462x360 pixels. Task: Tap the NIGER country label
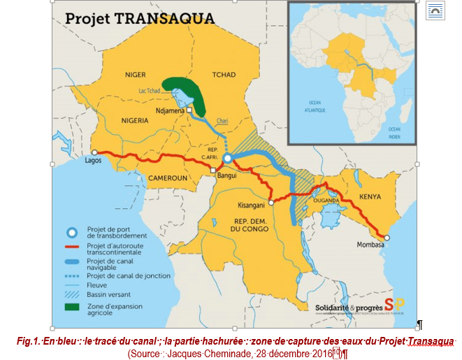point(135,74)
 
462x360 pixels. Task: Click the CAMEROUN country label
point(166,178)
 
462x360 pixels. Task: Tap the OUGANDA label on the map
point(326,200)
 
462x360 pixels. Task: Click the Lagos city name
point(92,161)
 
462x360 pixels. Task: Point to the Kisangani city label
point(252,205)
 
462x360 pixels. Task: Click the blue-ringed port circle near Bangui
point(227,159)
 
